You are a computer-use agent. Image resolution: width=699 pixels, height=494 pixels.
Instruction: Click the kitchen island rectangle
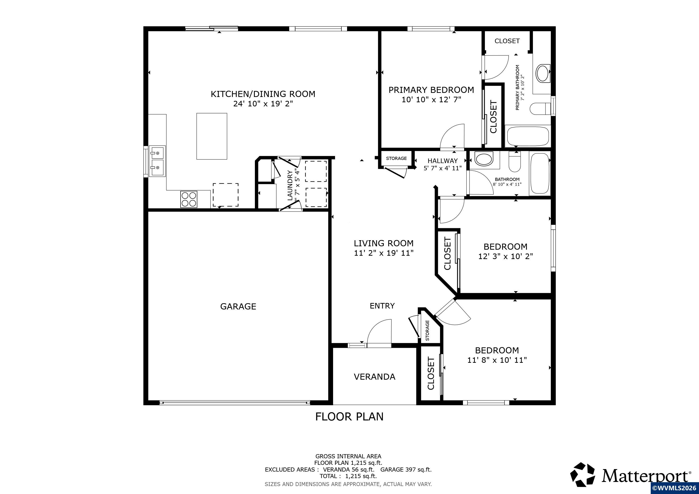212,136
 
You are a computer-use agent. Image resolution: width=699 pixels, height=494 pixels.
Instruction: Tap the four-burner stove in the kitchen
189,199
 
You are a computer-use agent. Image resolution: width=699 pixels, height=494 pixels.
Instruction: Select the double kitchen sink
157,161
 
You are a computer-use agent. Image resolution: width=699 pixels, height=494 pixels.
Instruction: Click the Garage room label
238,306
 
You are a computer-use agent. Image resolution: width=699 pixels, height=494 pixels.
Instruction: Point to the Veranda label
374,377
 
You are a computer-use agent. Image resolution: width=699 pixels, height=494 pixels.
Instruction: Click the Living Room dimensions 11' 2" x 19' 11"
384,253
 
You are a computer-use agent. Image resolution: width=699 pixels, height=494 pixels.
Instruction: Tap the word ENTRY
382,306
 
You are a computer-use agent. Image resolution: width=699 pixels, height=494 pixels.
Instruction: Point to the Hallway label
442,161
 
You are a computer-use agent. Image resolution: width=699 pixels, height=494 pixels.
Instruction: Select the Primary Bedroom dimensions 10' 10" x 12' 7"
431,99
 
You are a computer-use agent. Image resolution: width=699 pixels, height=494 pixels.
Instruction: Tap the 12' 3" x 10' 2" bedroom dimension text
505,256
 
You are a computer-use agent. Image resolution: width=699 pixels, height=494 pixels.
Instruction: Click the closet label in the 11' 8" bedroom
431,374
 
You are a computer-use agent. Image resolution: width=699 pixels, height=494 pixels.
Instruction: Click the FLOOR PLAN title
349,416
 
